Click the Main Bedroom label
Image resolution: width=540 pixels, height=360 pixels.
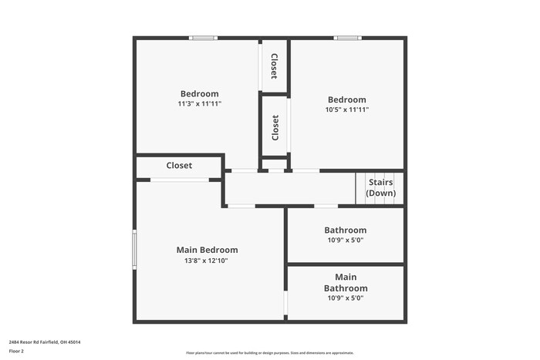click(207, 250)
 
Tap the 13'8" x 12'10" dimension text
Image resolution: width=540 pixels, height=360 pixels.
click(207, 261)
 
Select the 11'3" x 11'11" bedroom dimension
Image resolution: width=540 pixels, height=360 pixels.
click(200, 103)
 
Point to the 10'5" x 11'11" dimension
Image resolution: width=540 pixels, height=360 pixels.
click(347, 109)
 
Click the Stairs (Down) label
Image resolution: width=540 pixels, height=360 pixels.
click(381, 187)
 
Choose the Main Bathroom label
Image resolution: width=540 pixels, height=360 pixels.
click(346, 282)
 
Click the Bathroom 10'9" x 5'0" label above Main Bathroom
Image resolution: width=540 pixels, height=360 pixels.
click(346, 234)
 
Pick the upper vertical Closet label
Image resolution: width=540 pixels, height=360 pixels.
click(274, 66)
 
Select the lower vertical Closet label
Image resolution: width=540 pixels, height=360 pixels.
click(275, 127)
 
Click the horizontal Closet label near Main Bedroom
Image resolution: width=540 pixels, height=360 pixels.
click(179, 166)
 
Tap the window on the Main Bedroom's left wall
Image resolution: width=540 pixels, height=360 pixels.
click(134, 249)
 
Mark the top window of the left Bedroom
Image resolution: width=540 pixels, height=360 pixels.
click(204, 37)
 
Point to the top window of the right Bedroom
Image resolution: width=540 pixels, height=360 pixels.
click(347, 37)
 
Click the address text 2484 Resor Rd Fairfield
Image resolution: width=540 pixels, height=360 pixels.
click(45, 341)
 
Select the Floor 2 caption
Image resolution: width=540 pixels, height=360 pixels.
click(16, 351)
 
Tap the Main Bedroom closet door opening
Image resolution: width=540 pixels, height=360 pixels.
click(179, 180)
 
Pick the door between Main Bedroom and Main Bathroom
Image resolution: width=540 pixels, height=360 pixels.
click(285, 303)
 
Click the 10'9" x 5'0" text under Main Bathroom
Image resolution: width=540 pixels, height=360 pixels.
click(346, 298)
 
